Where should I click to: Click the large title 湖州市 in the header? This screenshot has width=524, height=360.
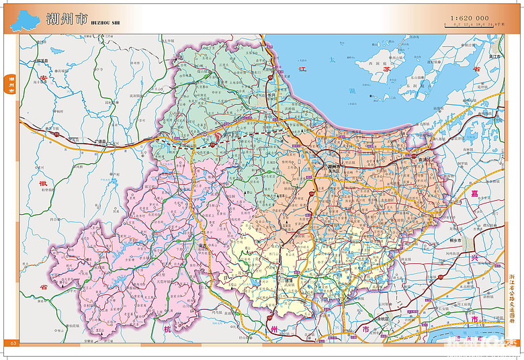67,19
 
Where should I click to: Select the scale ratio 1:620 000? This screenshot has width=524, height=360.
470,17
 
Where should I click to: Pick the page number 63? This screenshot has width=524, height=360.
12,343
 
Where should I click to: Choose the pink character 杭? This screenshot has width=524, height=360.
167,329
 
